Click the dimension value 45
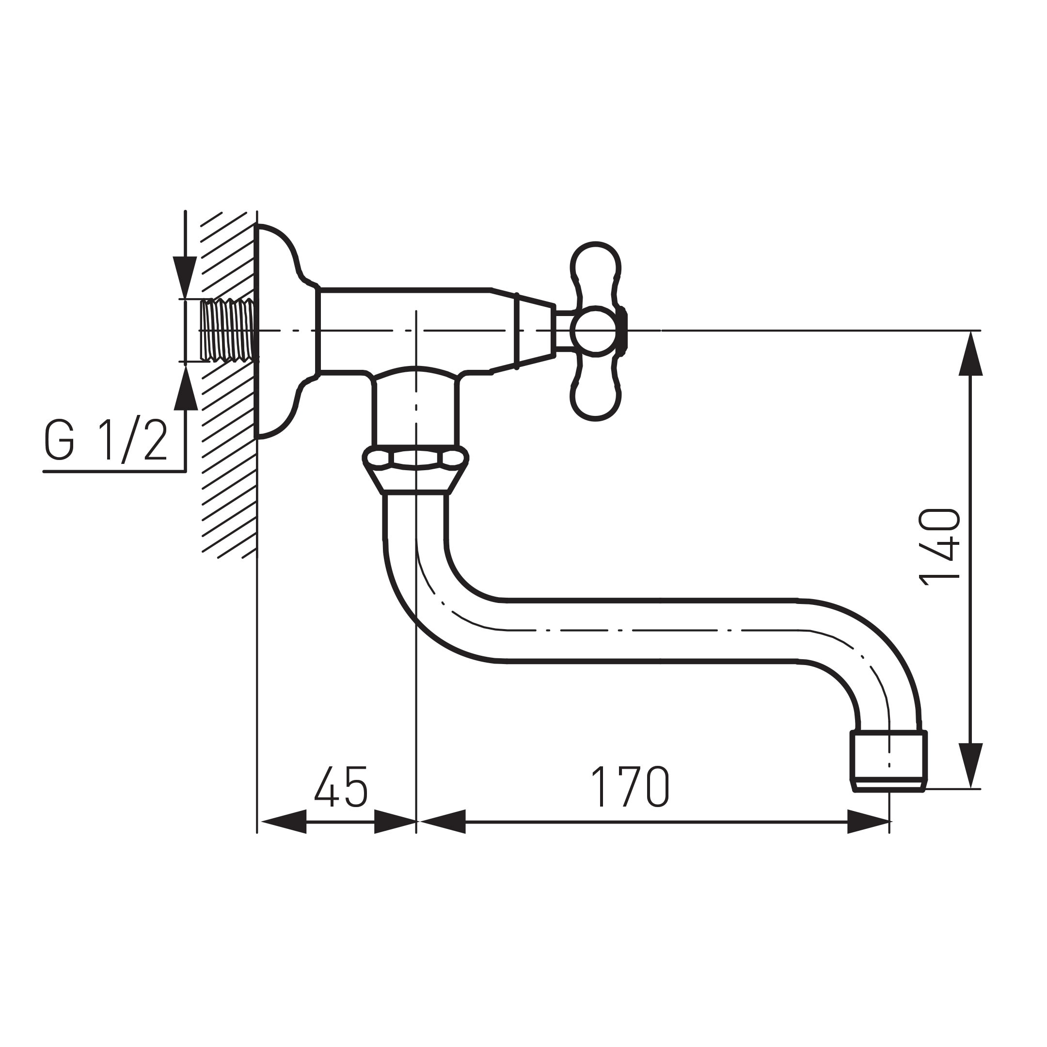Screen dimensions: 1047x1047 [341, 787]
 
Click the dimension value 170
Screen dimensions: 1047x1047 [630, 787]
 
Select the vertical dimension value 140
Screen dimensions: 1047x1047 [939, 547]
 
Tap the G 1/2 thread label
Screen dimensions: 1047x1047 [106, 441]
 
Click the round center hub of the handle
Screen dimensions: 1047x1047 [595, 331]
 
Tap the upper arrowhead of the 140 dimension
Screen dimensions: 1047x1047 [970, 355]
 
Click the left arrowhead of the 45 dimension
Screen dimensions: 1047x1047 [284, 822]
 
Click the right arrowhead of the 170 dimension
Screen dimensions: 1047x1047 [867, 822]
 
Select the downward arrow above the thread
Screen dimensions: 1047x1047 [185, 276]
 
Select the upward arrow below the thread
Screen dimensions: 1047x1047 [185, 388]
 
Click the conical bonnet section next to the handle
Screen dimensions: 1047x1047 [534, 331]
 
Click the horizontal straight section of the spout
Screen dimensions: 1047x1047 [650, 631]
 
